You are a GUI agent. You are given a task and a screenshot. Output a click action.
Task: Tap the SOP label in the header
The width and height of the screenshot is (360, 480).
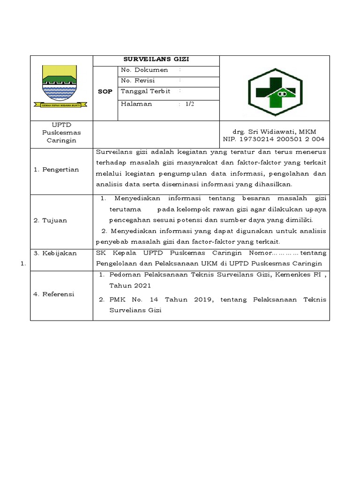click(x=105, y=91)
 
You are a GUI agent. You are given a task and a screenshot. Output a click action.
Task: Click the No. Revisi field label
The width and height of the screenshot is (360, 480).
click(x=138, y=81)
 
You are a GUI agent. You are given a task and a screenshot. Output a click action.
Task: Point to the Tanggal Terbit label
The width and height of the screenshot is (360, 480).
click(x=145, y=91)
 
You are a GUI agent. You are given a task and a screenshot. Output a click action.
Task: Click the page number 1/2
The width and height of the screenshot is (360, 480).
click(x=189, y=104)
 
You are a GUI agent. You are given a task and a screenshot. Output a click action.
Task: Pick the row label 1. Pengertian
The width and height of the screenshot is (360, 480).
click(x=56, y=170)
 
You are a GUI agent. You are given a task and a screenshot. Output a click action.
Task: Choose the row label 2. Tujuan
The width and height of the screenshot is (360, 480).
click(x=50, y=220)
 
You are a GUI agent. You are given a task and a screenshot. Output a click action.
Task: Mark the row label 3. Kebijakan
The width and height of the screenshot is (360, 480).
click(x=54, y=253)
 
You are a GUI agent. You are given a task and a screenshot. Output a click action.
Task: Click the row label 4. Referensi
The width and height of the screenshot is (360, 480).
click(x=53, y=294)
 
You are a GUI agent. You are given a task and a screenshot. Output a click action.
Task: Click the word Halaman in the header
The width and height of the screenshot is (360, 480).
click(x=136, y=104)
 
